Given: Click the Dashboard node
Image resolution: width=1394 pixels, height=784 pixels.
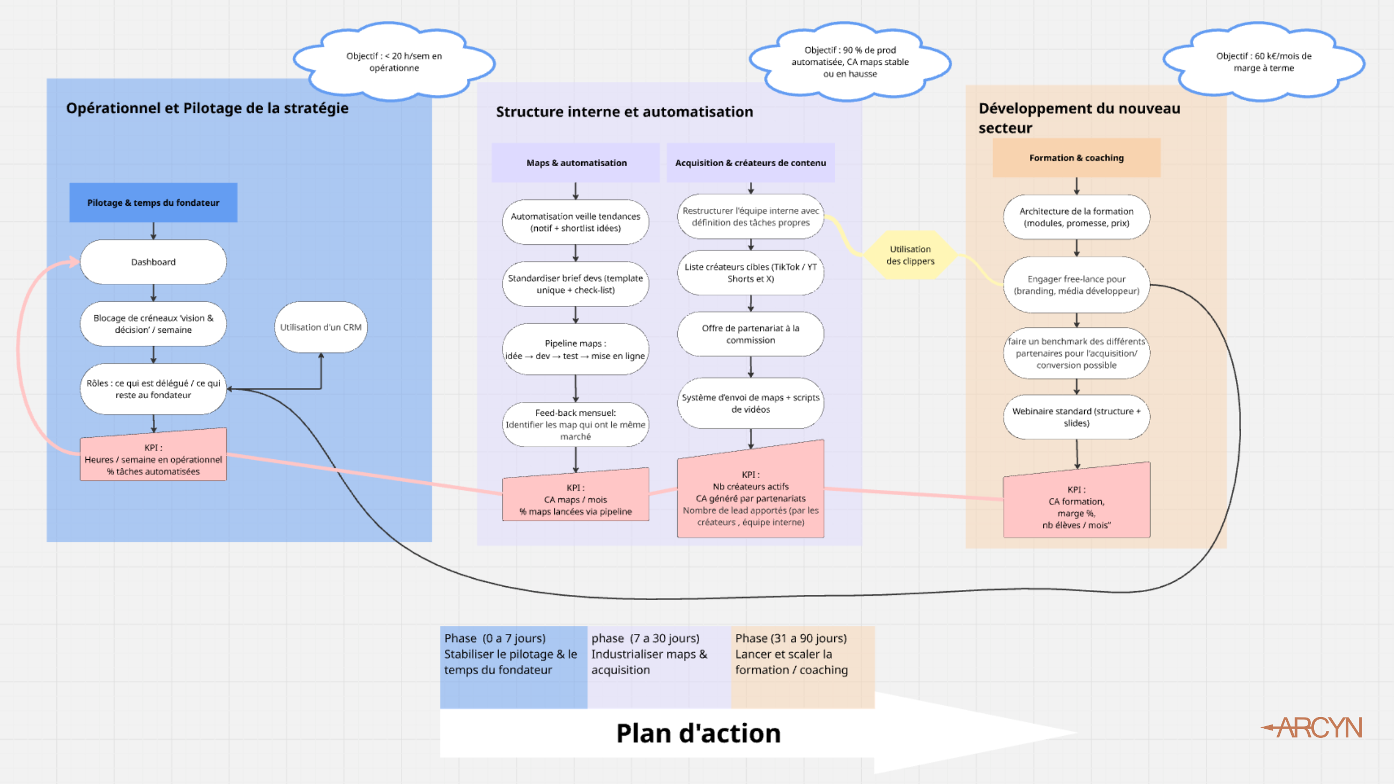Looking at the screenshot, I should pos(153,262).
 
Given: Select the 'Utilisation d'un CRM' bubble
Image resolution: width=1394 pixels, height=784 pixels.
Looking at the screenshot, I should pos(321,327).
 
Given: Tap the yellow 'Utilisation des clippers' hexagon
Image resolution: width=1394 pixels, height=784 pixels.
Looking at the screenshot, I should pos(910,255).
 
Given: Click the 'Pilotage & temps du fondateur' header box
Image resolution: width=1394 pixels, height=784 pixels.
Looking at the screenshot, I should pos(153,203).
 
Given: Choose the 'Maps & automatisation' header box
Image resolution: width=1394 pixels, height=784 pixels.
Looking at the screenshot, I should pos(576,163).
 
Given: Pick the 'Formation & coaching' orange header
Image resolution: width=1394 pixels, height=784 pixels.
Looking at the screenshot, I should pos(1076,158).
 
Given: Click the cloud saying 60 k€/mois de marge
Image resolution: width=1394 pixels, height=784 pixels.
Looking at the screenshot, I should pos(1263,62).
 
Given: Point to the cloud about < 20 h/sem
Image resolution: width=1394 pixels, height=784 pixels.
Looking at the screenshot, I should pos(394,62).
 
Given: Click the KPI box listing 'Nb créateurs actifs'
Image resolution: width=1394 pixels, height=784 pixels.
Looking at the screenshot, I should pos(750,498).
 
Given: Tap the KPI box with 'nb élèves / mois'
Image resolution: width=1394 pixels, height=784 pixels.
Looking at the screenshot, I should pos(1076,507).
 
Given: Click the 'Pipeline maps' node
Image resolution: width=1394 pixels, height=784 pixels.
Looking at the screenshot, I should pos(575,349).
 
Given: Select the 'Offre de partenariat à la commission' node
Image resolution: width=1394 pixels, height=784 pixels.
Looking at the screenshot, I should pos(750,334).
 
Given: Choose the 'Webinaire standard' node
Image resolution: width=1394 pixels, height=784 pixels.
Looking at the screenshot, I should pos(1076,417).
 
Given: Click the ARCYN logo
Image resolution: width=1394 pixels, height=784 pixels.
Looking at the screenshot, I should pos(1315,728).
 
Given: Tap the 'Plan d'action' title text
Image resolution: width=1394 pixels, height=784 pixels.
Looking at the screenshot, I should pos(698,734).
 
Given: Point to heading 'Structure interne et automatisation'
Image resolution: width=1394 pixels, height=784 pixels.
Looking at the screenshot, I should pos(624,112).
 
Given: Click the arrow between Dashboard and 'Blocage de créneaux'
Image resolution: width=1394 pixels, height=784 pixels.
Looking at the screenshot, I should pos(153,293).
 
